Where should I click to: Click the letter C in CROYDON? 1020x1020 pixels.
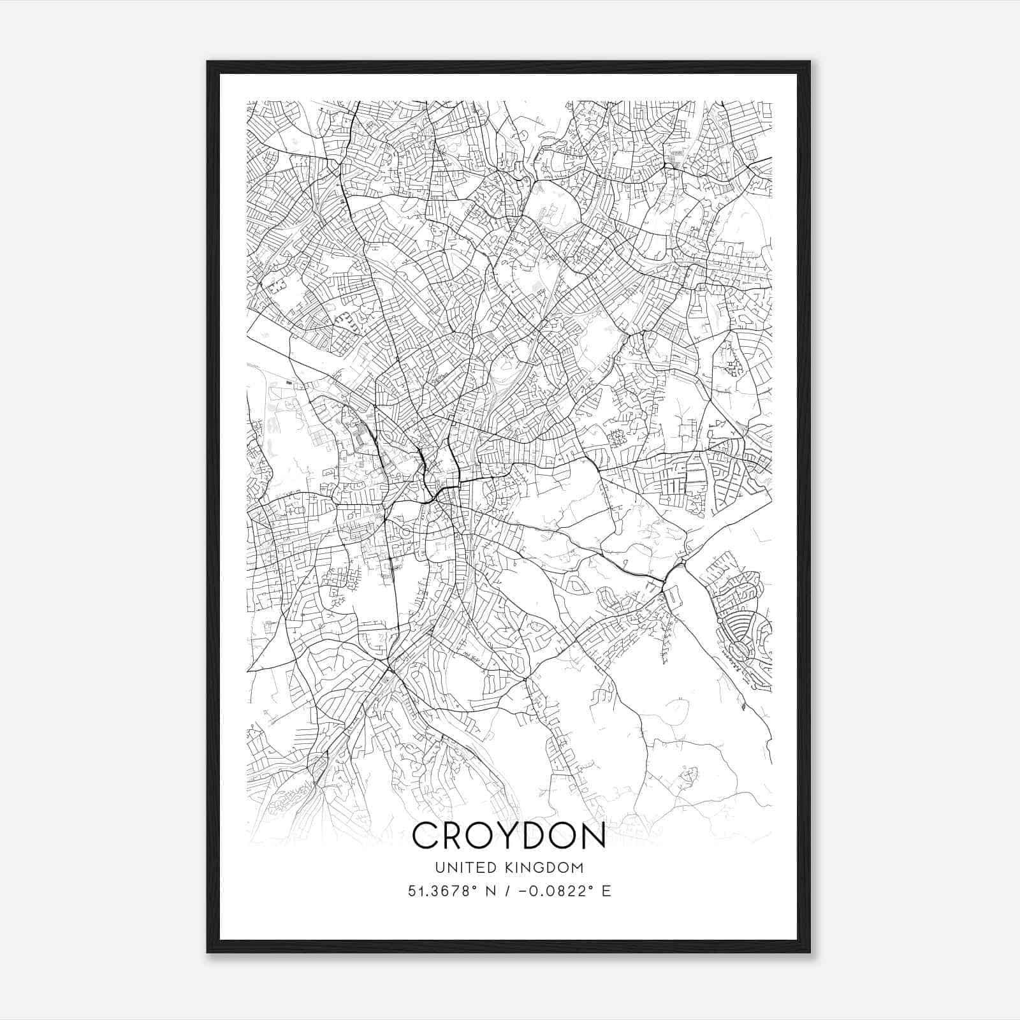click(426, 835)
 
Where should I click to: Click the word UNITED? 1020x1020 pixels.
click(458, 868)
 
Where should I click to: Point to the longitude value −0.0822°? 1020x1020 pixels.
click(554, 891)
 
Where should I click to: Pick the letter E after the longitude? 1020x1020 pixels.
click(606, 891)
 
